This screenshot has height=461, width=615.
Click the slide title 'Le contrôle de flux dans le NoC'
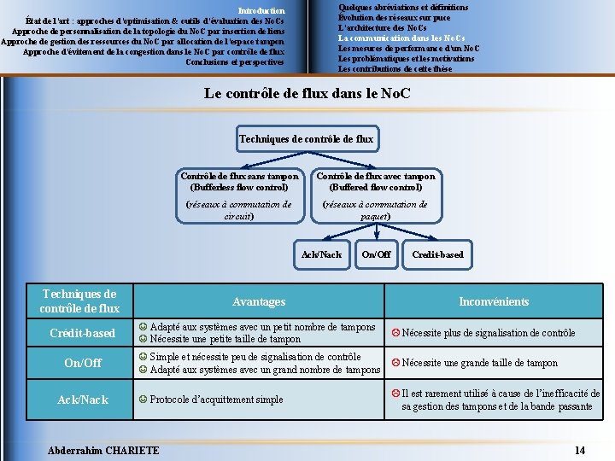307,93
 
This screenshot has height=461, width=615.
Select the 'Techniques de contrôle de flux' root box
307,138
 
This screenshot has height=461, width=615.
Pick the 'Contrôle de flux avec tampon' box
376,181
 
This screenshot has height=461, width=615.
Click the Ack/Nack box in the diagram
321,254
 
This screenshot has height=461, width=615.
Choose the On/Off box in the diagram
376,254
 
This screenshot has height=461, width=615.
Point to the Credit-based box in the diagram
437,254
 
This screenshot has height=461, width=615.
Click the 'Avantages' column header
259,301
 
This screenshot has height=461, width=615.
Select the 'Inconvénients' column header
494,301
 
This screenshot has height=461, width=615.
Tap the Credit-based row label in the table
82,333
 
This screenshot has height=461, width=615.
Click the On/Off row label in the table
82,363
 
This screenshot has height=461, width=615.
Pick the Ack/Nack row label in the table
82,400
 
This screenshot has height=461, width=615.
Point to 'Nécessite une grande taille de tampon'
479,363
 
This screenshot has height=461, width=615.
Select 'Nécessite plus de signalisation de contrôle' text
488,333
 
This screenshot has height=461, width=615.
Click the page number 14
580,450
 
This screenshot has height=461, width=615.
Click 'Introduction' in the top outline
261,10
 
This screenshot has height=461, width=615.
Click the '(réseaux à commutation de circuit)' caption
238,210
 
